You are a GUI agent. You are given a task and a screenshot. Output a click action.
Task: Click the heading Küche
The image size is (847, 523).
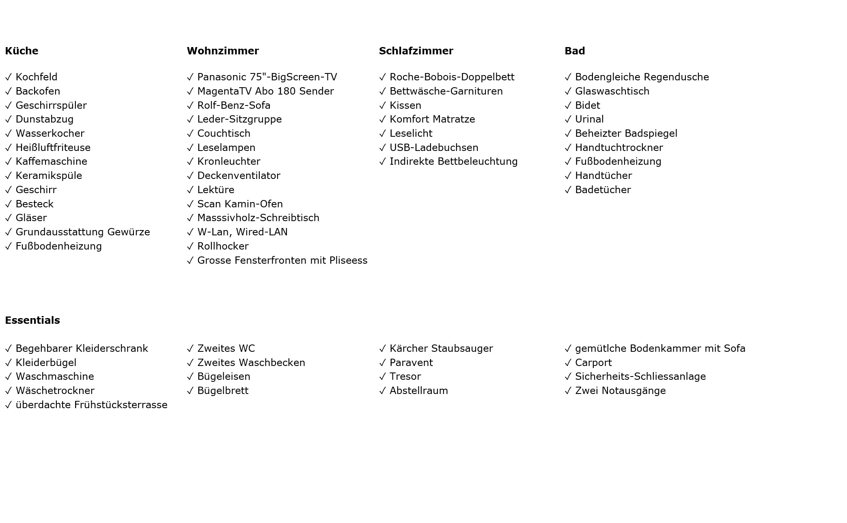(22, 51)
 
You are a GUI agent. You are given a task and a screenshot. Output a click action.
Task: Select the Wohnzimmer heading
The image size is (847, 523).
(222, 51)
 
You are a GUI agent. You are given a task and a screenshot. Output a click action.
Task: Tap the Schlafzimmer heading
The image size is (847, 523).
(416, 51)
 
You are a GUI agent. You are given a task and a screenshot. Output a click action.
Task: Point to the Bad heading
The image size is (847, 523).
(574, 51)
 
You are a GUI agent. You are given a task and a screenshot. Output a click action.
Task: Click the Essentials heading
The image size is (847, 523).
(32, 321)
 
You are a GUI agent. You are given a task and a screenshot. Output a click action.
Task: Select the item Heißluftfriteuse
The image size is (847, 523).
(53, 148)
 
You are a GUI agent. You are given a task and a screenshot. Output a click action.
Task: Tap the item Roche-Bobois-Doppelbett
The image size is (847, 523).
(452, 77)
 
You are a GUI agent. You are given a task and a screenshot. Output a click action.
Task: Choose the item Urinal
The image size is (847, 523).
(589, 119)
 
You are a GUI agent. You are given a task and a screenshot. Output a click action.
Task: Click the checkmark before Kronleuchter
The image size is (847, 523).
(190, 162)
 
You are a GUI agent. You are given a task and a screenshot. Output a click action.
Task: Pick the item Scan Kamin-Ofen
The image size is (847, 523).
(240, 204)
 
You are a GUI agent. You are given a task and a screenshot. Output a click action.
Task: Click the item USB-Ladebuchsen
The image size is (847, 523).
(433, 148)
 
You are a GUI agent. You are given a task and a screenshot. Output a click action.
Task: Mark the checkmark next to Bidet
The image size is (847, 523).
(568, 106)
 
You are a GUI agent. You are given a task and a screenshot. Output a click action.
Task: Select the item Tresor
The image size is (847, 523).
(405, 377)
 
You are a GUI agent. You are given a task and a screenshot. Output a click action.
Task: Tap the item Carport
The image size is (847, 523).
(593, 363)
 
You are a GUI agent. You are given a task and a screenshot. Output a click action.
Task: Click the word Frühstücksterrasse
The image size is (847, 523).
(121, 405)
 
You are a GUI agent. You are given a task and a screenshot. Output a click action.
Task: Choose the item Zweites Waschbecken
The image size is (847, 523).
(251, 363)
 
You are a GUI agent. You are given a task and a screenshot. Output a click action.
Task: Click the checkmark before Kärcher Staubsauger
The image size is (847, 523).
(382, 349)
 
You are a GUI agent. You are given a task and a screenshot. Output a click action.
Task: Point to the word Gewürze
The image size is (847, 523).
(129, 232)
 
